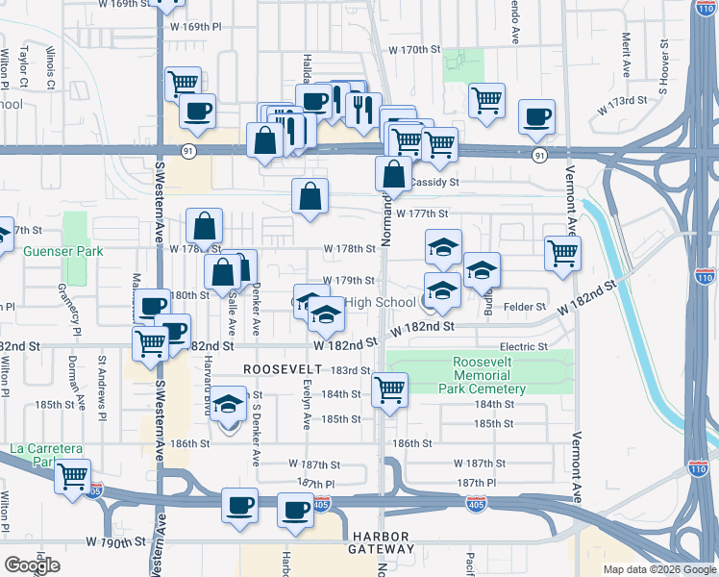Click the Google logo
pos(33,564)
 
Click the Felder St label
pos(524,306)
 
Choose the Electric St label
pos(524,346)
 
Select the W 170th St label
pos(413,49)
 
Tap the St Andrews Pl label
pos(102,386)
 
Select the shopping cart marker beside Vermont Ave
pos(562,253)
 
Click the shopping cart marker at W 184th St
pos(389,389)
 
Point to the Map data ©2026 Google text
pos(659,569)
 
